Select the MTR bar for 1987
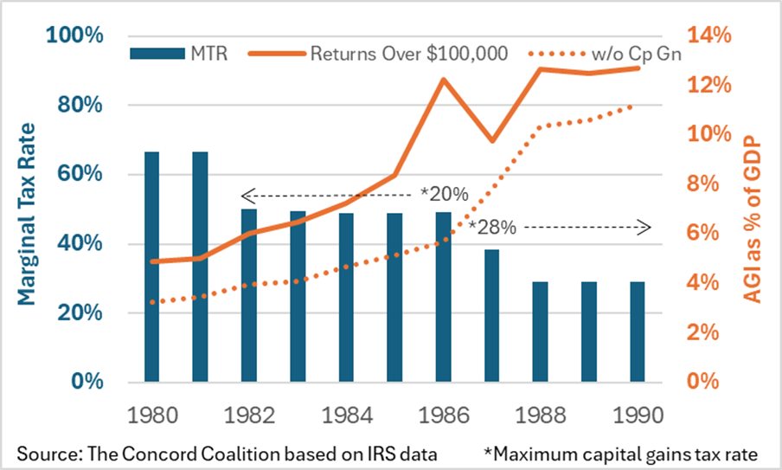491,315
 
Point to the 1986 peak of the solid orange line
443,80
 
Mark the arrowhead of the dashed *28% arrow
644,228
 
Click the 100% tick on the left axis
76,35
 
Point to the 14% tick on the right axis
709,35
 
